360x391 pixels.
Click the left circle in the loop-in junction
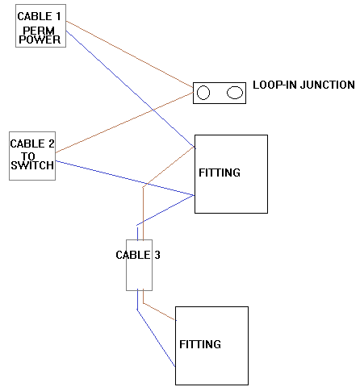[x=203, y=93]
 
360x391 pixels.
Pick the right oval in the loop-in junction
[x=235, y=93]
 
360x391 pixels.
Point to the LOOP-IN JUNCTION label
[x=303, y=85]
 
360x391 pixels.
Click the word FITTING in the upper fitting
[x=220, y=173]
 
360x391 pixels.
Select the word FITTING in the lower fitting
[x=200, y=344]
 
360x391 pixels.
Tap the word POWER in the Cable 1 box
[x=40, y=40]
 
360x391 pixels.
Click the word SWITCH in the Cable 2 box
[x=32, y=165]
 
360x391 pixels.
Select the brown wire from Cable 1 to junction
[x=130, y=54]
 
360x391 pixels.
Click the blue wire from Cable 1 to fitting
[x=131, y=89]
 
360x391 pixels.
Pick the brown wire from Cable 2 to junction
[x=124, y=123]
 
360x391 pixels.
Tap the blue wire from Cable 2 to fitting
[x=125, y=178]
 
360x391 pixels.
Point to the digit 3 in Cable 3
[x=157, y=255]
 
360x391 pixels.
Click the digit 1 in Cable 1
[x=58, y=16]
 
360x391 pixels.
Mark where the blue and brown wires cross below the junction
[x=153, y=110]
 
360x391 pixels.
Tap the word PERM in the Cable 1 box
[x=39, y=31]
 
